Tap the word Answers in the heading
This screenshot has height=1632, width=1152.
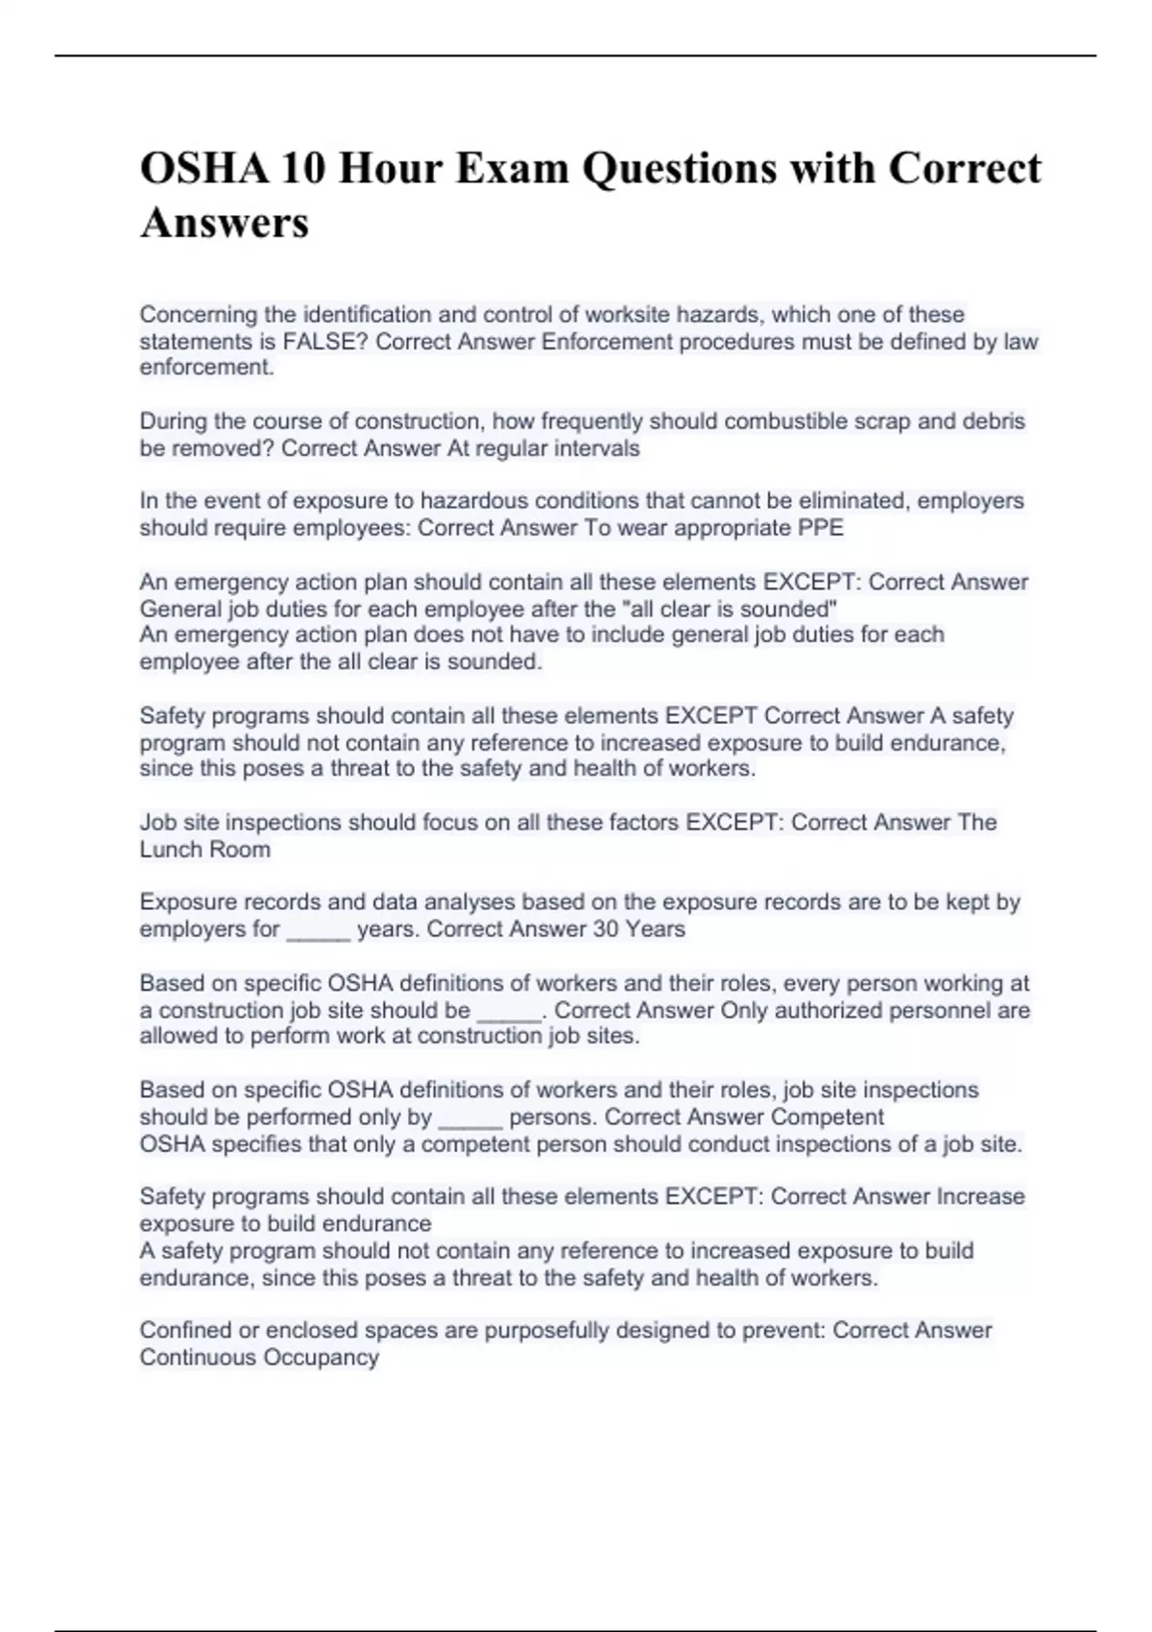click(225, 223)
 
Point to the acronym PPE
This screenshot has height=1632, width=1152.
click(821, 528)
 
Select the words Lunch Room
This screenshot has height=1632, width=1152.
click(204, 850)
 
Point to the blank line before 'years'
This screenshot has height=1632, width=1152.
click(319, 929)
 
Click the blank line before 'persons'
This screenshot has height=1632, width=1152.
click(470, 1117)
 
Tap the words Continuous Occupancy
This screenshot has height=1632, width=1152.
click(259, 1357)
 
